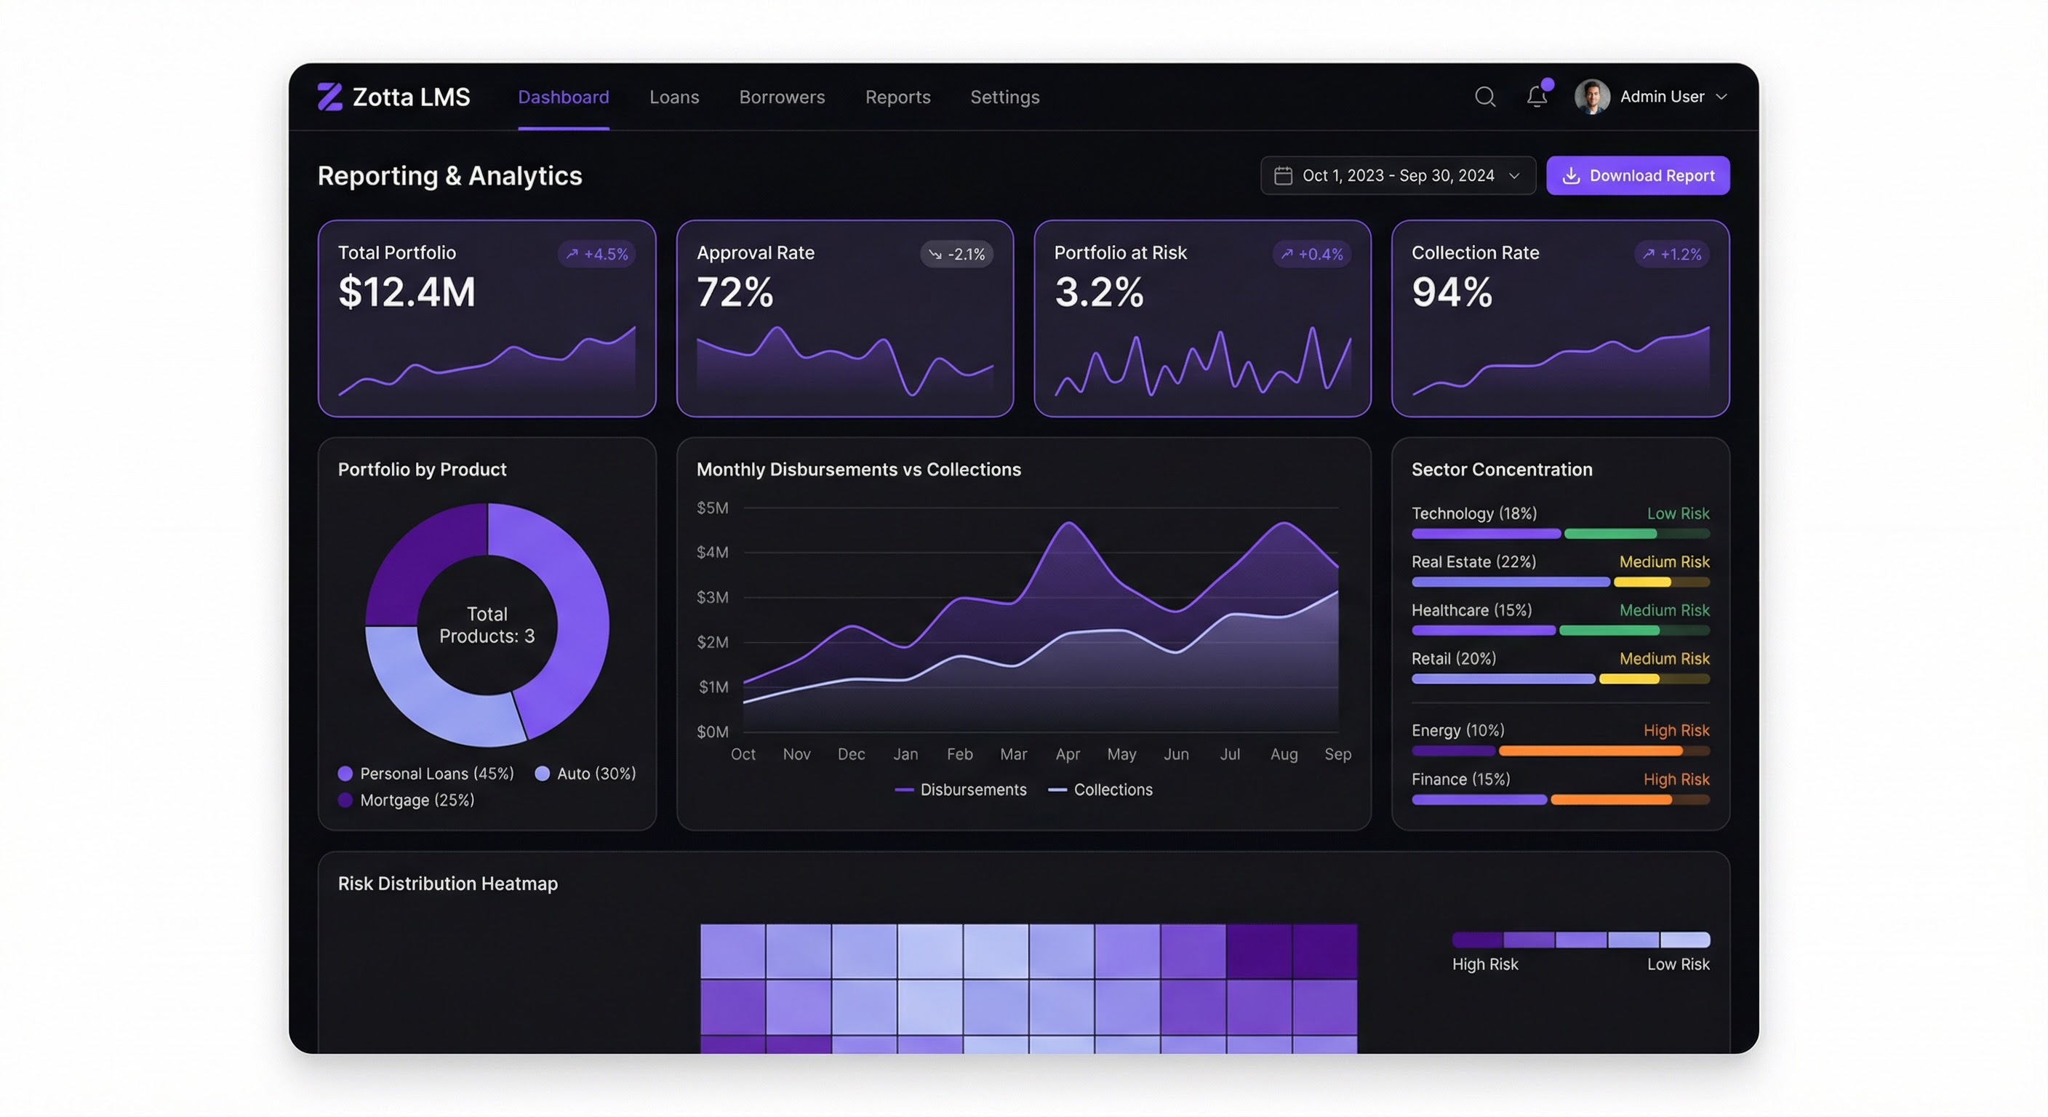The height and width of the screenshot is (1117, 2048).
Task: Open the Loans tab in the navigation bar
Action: click(673, 97)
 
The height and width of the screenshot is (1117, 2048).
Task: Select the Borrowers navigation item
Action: click(782, 97)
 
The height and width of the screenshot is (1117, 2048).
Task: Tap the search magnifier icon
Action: click(1484, 97)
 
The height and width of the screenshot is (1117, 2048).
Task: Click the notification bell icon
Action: click(1536, 97)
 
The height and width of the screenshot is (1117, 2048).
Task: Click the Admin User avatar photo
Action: click(1592, 97)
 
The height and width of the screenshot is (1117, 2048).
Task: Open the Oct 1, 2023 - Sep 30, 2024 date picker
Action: click(1397, 176)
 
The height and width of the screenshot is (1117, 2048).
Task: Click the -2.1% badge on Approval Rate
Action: click(956, 255)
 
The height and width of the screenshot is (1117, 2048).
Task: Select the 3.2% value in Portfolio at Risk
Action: click(1099, 292)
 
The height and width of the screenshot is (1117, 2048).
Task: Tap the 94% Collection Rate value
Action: click(1452, 292)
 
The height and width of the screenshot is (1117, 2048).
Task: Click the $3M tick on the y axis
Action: click(711, 597)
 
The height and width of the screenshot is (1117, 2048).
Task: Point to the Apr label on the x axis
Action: click(1067, 753)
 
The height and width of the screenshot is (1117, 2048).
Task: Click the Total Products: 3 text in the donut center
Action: click(487, 625)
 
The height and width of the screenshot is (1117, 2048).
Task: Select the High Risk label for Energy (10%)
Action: click(1676, 730)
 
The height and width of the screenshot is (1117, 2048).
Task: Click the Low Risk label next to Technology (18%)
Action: click(1678, 513)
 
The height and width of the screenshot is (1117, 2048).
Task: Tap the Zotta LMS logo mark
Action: click(330, 97)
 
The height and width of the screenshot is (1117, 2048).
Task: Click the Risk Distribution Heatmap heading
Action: click(447, 884)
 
